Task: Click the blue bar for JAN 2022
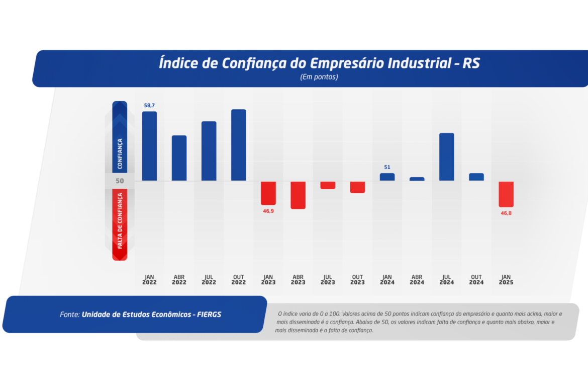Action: point(149,146)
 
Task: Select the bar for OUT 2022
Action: point(239,145)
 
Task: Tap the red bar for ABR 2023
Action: point(298,195)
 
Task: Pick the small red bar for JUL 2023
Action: point(328,185)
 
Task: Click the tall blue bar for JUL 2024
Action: point(446,157)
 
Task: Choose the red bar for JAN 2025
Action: point(506,194)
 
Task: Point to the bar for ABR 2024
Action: point(417,179)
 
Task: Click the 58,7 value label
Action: point(149,105)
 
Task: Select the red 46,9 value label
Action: point(268,211)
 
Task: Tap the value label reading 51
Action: point(387,167)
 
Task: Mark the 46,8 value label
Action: point(506,213)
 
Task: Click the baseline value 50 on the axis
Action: point(119,181)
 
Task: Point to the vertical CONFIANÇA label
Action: point(120,154)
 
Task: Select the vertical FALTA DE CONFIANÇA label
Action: point(120,220)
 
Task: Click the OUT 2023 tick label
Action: point(357,280)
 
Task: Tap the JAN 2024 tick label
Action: point(387,280)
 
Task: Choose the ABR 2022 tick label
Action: point(179,280)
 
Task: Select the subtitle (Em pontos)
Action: point(319,77)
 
